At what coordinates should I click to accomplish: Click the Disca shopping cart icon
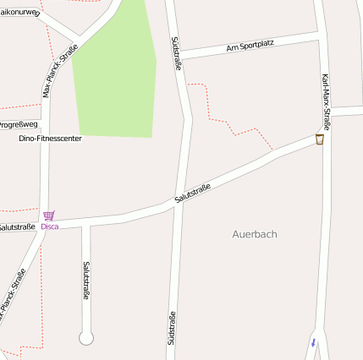49,215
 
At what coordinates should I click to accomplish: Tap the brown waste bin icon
320,139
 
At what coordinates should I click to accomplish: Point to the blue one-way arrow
313,342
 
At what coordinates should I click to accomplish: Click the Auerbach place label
255,234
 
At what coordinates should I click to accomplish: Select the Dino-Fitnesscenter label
50,138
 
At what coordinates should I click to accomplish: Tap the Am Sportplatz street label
251,46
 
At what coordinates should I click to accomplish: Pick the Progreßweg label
19,123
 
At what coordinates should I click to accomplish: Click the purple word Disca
50,226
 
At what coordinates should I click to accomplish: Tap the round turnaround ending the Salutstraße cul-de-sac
85,338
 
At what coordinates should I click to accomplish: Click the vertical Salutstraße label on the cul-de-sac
85,281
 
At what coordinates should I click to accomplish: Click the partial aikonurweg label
19,13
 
